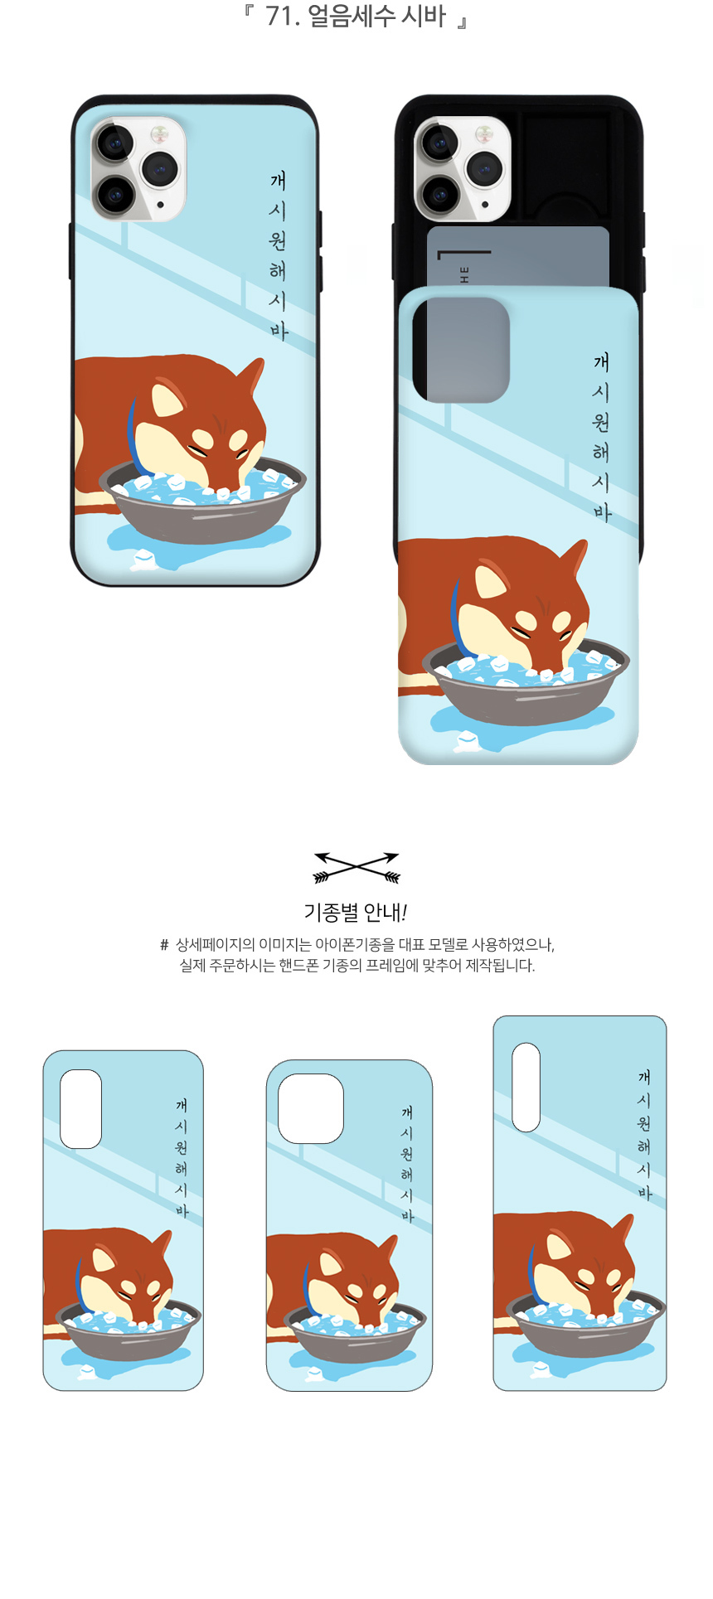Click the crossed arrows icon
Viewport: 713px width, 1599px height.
356,867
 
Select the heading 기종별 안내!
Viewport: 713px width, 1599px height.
356,913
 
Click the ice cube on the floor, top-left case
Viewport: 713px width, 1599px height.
143,561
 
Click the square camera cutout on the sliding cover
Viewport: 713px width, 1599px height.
461,349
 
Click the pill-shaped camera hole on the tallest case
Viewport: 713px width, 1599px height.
526,1087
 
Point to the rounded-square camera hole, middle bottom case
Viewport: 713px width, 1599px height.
311,1108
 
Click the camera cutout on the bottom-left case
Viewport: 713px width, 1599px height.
81,1108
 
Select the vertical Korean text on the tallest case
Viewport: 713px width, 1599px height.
644,1134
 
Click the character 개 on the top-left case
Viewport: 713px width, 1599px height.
278,181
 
